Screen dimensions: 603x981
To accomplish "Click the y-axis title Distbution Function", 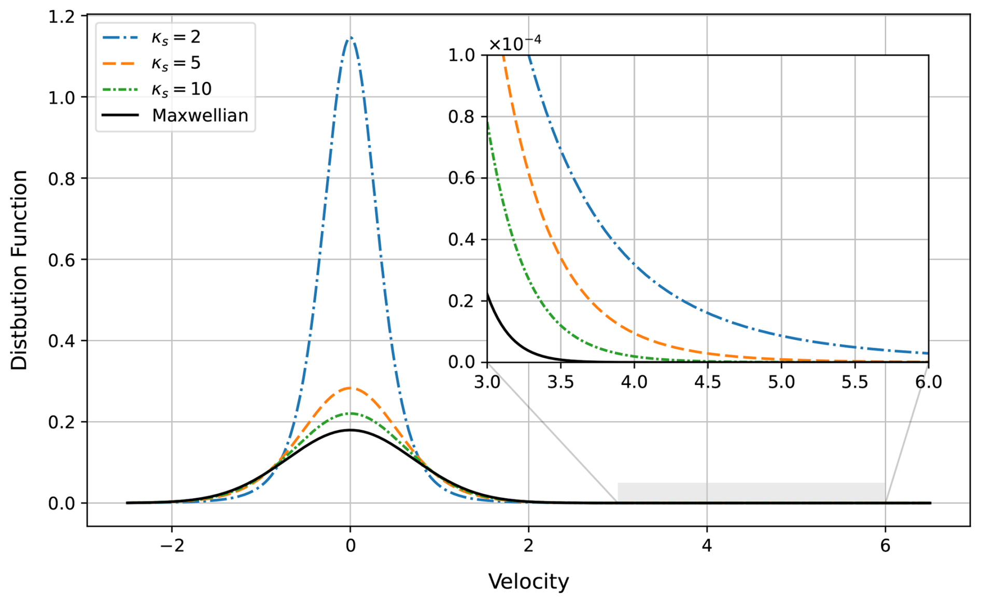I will [x=19, y=270].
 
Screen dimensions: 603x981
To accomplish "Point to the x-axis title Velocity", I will [x=528, y=581].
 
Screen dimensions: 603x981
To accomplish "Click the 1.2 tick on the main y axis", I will [x=61, y=17].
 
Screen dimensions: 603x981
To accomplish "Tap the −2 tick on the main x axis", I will [x=172, y=546].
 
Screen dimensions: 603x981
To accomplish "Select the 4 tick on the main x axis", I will [x=707, y=546].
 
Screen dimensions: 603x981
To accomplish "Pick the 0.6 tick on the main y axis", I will [x=61, y=260].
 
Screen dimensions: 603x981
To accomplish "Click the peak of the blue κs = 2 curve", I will [x=351, y=37].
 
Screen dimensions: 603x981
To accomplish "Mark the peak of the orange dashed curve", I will [x=351, y=387].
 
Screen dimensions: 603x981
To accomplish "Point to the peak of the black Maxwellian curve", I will [x=351, y=430].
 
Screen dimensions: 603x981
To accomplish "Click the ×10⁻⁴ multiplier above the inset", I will [x=515, y=44].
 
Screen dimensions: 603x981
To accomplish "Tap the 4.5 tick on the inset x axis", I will [x=707, y=382].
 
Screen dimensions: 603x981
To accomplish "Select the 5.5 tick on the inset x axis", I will [x=854, y=382].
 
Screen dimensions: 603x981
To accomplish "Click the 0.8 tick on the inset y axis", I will [x=461, y=117].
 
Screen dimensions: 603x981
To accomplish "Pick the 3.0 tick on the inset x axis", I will [x=487, y=382].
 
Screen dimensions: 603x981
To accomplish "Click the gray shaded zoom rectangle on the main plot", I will [x=751, y=492].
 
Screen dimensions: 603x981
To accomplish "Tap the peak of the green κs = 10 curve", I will [x=351, y=413].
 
